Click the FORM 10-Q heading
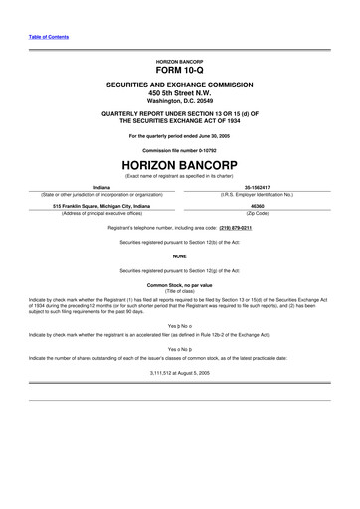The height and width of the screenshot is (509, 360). coord(179,72)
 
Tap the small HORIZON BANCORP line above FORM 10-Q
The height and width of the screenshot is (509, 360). coord(179,61)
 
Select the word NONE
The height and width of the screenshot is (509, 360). coord(179,255)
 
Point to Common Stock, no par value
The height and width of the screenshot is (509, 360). coord(179,285)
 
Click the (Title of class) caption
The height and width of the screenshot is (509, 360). coord(179,292)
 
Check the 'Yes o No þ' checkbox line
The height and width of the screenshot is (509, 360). coord(179,349)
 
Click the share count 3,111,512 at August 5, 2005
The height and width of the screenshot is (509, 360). coord(179,372)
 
